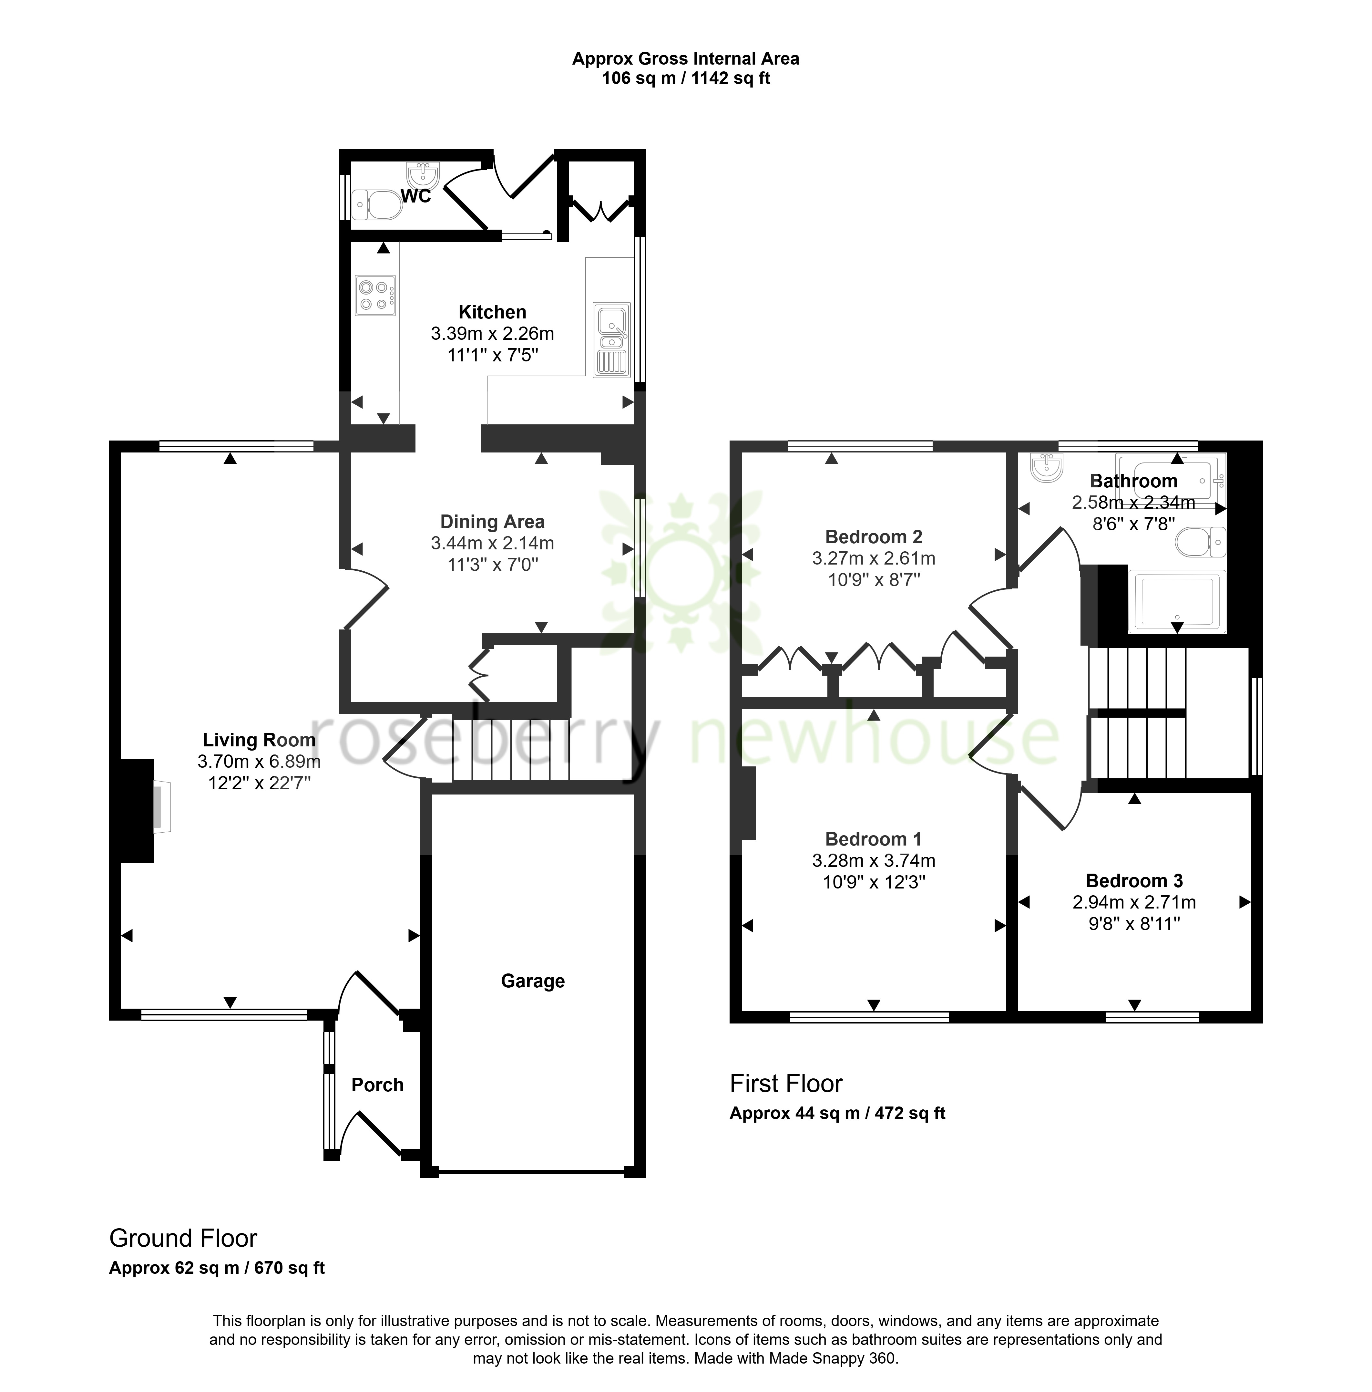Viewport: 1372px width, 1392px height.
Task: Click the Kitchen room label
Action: tap(493, 312)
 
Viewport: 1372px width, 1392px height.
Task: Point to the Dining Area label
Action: tap(493, 522)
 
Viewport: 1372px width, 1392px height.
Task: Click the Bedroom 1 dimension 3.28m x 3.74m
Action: tap(874, 860)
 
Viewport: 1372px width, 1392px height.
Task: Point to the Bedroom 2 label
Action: tap(874, 537)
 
